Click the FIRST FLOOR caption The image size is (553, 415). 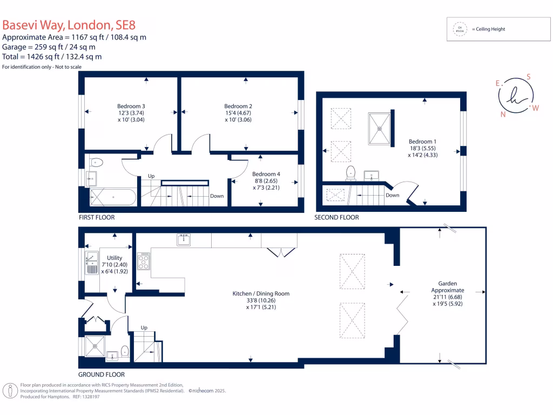pos(97,217)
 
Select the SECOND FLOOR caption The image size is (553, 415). pos(337,217)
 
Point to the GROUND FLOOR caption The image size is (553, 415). pos(102,374)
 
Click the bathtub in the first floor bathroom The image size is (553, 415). pos(113,197)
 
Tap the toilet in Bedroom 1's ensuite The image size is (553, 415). pos(351,172)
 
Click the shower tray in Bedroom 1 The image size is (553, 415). pos(380,129)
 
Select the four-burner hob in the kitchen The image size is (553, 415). pos(144,262)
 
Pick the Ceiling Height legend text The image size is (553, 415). pos(488,29)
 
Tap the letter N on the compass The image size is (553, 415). pos(503,114)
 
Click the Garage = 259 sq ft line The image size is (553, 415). pos(49,47)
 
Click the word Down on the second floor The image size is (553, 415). pos(393,195)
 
